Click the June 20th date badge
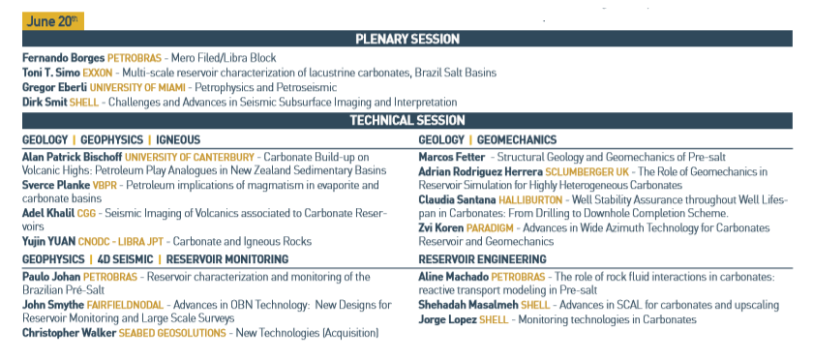click(x=53, y=21)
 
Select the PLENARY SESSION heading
click(x=407, y=39)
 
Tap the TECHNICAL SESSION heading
click(x=407, y=120)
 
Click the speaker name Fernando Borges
click(x=63, y=57)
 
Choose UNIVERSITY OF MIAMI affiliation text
click(x=137, y=88)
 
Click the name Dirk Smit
click(x=45, y=103)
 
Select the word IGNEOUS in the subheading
click(x=178, y=140)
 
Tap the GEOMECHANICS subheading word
click(x=517, y=140)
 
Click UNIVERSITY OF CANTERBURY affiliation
click(x=190, y=157)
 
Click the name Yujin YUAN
click(x=48, y=241)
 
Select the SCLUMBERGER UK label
click(x=587, y=171)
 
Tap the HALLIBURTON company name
click(x=530, y=199)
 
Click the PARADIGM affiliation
click(x=490, y=227)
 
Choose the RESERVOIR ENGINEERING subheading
click(x=482, y=259)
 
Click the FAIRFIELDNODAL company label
click(x=125, y=305)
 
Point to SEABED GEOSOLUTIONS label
click(x=172, y=333)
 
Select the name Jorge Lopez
click(x=447, y=319)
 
